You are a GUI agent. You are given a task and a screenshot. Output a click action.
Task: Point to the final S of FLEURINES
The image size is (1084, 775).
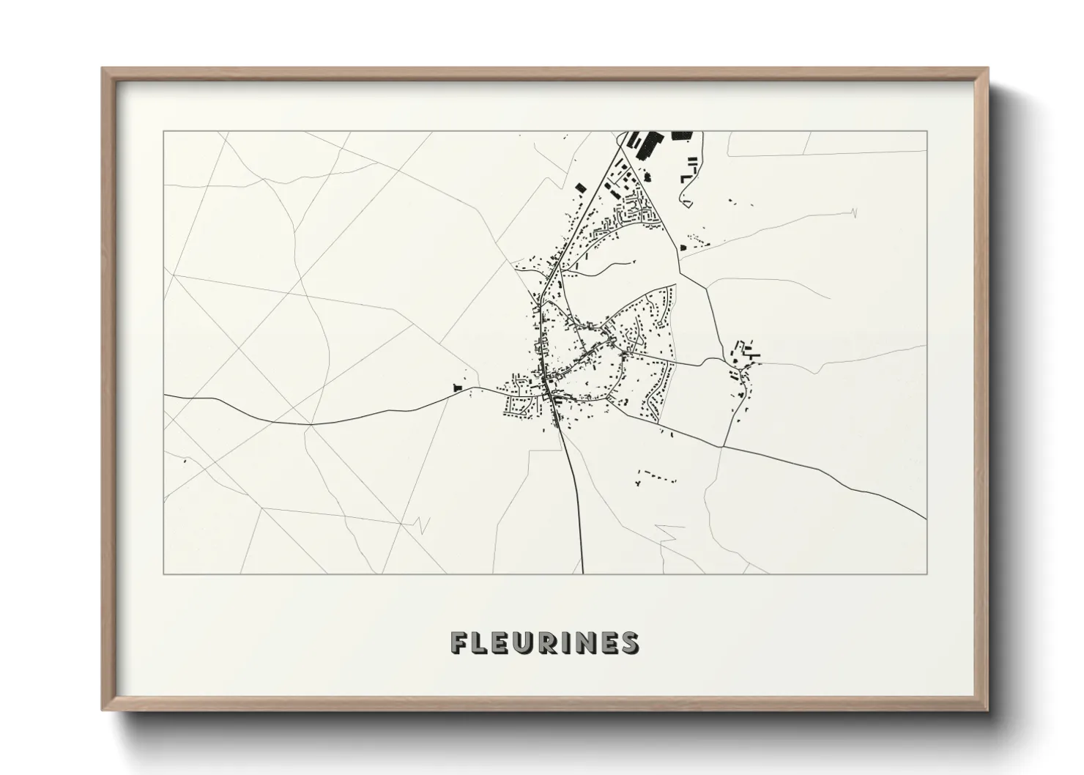(x=628, y=643)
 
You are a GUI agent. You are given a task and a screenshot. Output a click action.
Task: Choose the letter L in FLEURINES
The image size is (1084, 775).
(x=480, y=643)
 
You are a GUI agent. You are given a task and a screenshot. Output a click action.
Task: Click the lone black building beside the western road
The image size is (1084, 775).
(x=459, y=386)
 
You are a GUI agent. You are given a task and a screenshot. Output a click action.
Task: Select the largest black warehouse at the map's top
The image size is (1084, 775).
(x=648, y=145)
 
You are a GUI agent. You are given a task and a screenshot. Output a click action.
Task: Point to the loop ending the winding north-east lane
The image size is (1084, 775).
(x=686, y=199)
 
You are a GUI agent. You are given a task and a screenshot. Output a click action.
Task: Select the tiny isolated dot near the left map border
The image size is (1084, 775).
(x=185, y=461)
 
